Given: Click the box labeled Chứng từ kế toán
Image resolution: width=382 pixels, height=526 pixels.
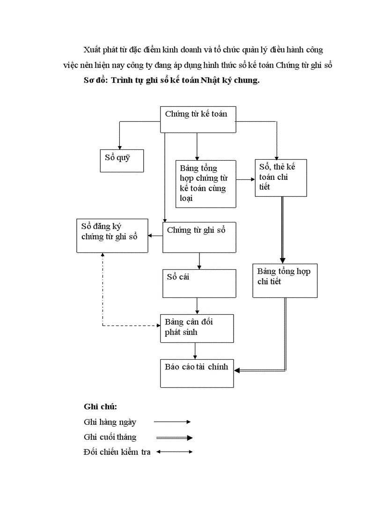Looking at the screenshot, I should coord(197,119).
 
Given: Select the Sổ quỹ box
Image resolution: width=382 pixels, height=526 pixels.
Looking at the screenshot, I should coord(122,160).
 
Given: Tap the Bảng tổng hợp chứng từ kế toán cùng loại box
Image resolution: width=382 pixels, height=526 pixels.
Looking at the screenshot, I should coord(206,184).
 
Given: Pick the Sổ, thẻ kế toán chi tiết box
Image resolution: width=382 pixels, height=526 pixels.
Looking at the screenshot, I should coord(281,178).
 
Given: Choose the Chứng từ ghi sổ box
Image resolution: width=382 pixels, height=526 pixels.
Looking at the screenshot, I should coord(199,237).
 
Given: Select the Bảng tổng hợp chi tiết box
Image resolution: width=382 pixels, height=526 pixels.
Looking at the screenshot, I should coord(285,281).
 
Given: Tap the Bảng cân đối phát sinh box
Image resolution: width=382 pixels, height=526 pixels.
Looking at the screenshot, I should coord(197,328).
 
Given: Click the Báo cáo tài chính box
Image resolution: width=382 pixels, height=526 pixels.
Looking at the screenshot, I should coord(197,373).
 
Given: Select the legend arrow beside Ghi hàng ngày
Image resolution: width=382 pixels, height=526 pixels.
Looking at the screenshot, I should coord(172,422).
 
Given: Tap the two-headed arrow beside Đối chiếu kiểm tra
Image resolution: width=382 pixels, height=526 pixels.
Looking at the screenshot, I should coord(174,452).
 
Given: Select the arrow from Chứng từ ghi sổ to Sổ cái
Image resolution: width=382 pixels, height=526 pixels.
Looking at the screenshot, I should coord(200,260).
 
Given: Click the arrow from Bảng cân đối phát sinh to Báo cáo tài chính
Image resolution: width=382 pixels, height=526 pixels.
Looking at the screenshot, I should coord(195,350).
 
